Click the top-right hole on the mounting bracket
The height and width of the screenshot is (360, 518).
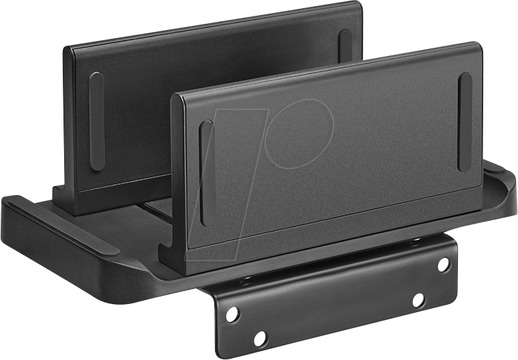[444, 264]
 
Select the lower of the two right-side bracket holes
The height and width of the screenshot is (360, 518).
[418, 300]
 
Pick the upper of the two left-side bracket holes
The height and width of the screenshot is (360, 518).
[232, 313]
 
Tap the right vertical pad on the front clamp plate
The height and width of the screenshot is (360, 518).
[465, 122]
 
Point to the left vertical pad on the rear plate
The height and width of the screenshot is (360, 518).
[97, 121]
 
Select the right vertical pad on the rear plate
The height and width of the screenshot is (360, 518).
[345, 48]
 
